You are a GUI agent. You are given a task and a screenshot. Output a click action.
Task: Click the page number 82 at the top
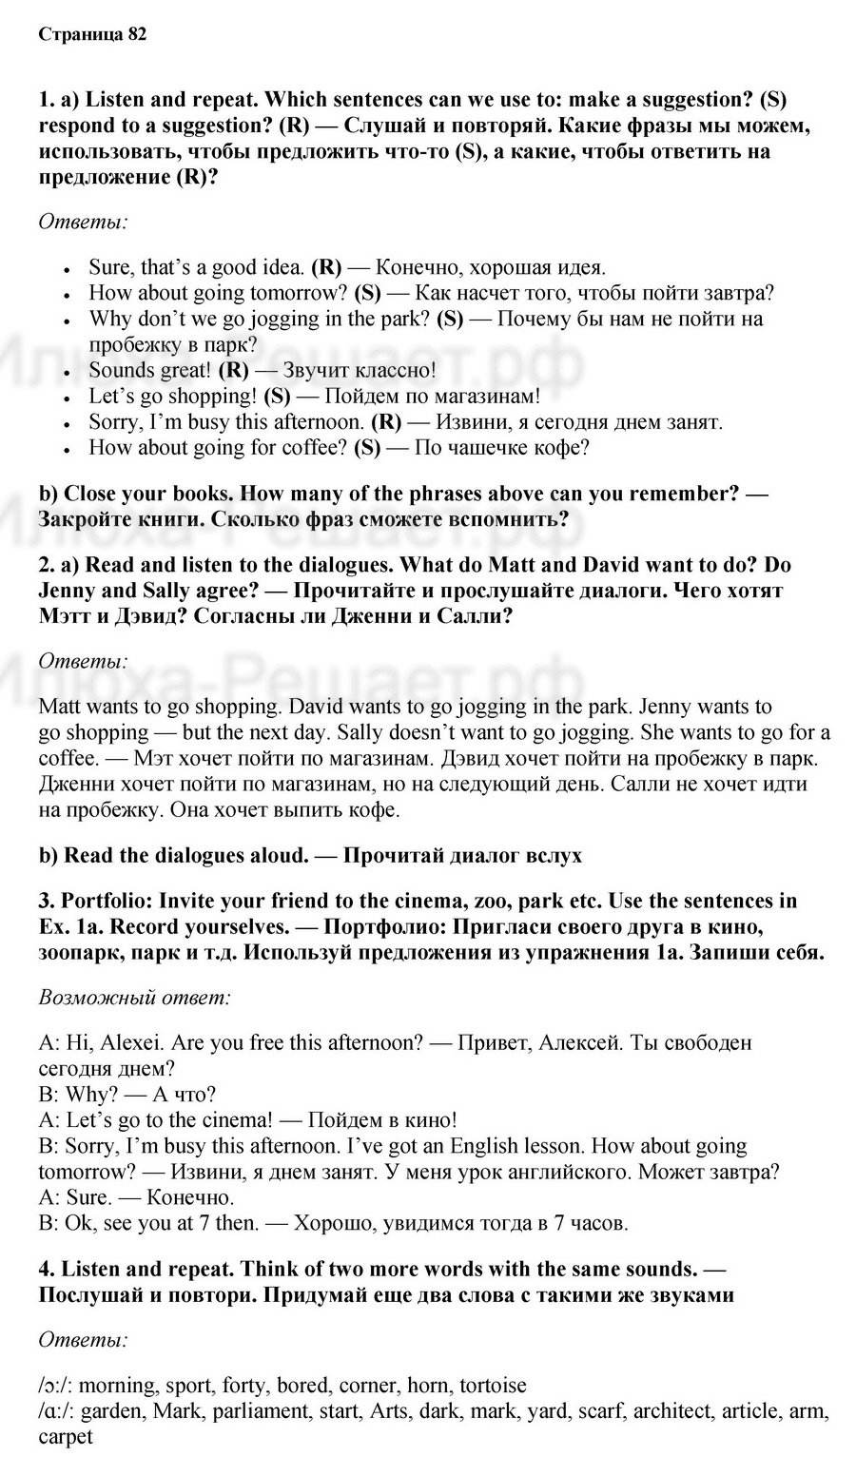(x=136, y=34)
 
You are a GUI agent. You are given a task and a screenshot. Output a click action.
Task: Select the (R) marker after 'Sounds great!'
(x=233, y=370)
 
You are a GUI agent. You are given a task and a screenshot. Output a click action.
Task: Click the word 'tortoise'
(x=489, y=1385)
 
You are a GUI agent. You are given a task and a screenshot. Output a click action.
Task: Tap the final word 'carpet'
(x=66, y=1436)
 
